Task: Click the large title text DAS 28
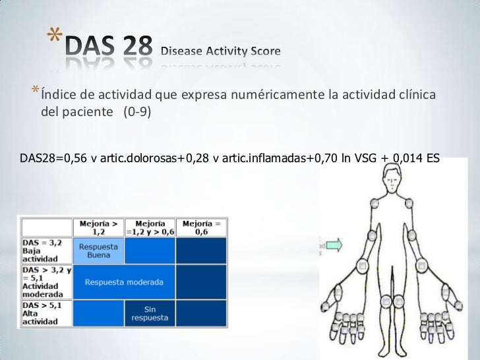109,47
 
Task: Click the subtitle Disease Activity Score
221,51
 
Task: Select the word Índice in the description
57,96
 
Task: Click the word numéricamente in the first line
276,96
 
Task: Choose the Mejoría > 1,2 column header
99,227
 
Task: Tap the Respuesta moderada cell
124,282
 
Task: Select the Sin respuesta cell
150,313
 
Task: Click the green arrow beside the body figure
334,246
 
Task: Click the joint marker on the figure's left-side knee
380,301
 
